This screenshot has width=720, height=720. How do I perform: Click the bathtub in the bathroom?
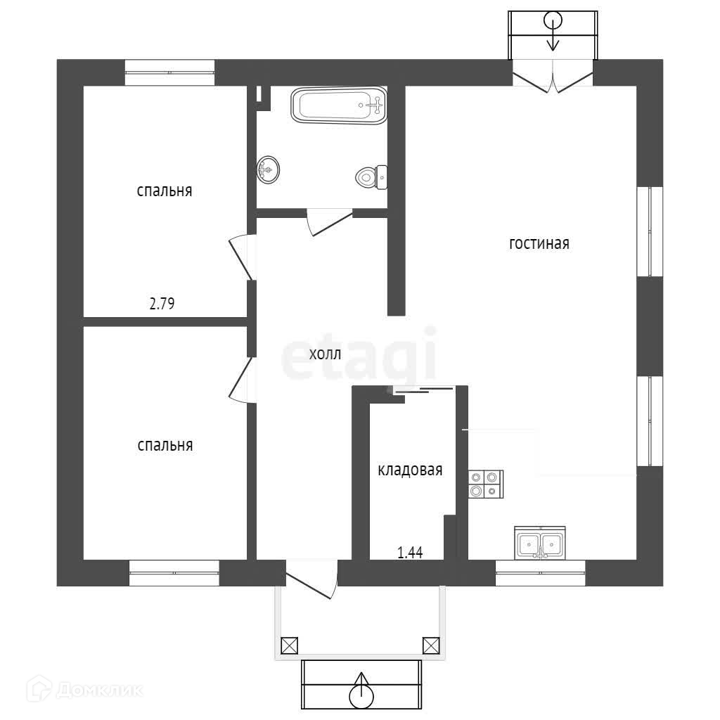tap(339, 105)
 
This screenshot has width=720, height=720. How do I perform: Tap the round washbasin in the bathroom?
tap(267, 169)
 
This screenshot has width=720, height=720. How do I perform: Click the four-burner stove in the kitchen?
tap(486, 484)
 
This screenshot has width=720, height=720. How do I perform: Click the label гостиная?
tap(539, 244)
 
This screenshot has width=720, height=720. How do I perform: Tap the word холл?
tap(325, 354)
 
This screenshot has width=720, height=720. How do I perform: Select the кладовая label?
tap(410, 470)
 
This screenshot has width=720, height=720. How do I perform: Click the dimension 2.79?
tap(161, 304)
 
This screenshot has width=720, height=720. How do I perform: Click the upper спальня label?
tap(165, 191)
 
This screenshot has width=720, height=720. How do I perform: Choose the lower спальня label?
tap(165, 445)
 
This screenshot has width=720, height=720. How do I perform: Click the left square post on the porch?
tap(289, 645)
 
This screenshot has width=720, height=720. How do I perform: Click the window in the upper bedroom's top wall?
tap(169, 72)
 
